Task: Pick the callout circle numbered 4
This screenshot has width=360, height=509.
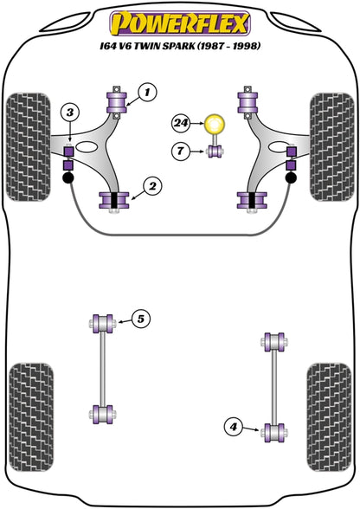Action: click(231, 425)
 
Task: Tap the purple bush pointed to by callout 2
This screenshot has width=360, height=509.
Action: click(112, 201)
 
